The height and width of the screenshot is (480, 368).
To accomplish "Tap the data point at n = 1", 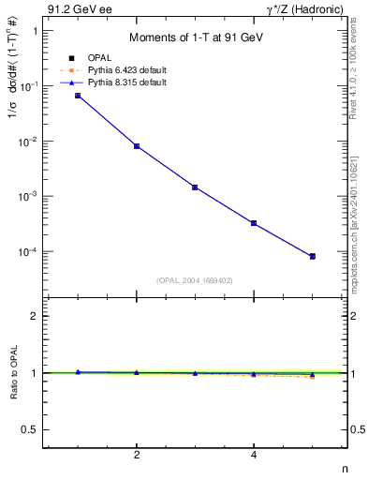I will [x=78, y=96].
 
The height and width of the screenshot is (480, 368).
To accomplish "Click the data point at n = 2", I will [x=137, y=146].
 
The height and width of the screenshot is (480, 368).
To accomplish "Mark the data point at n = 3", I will [x=195, y=187].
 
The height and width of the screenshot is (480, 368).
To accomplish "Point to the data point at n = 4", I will [x=254, y=223].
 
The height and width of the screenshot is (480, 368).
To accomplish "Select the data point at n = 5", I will [x=313, y=256].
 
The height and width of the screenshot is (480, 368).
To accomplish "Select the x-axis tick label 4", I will [x=254, y=456].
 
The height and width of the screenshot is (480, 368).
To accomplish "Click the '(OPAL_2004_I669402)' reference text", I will [x=195, y=279].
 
